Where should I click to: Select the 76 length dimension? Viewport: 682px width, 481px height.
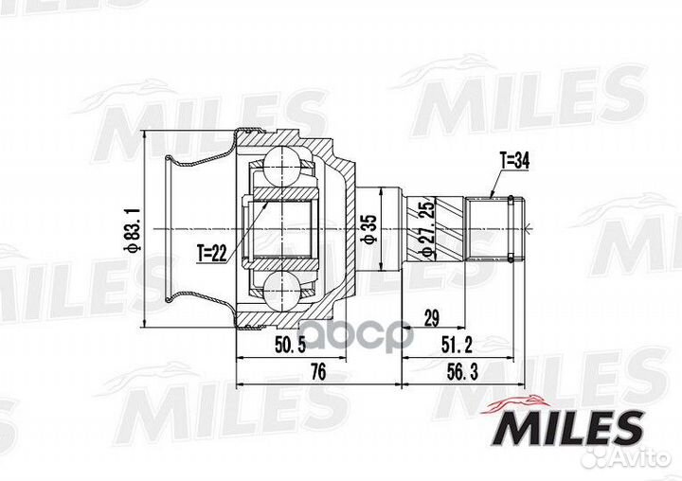pyautogui.click(x=317, y=373)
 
